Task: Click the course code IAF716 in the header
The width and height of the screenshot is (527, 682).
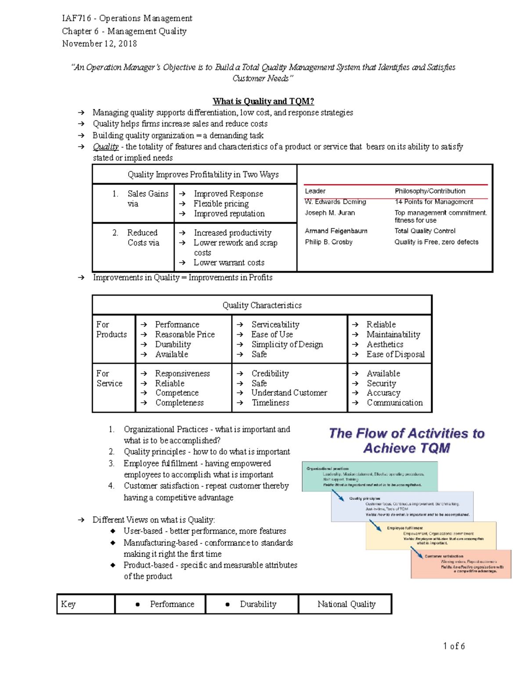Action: click(x=76, y=18)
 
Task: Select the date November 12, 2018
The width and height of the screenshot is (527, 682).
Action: click(x=99, y=43)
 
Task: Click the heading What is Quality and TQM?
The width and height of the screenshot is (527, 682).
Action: click(x=263, y=101)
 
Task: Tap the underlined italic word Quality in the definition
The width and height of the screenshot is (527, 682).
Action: click(x=105, y=147)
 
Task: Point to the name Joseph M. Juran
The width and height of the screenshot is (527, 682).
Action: click(x=330, y=213)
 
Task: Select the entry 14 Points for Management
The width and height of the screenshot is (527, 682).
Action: click(x=433, y=202)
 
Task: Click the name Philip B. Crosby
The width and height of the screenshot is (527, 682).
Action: click(x=328, y=242)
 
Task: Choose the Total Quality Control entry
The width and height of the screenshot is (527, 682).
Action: click(x=425, y=231)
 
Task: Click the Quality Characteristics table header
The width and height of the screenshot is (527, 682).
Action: click(x=262, y=305)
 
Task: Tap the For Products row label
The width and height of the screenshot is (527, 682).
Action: click(x=112, y=329)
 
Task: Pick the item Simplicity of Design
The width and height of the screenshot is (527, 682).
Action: click(x=287, y=344)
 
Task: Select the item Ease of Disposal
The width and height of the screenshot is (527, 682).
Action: click(x=395, y=354)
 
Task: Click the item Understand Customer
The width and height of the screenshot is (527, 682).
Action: click(x=289, y=393)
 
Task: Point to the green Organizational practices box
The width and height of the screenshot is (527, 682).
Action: click(x=370, y=476)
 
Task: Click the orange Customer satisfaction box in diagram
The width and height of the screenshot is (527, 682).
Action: click(x=461, y=564)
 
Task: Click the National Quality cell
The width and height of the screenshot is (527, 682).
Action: click(x=346, y=604)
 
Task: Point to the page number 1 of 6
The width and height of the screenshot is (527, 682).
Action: click(x=454, y=646)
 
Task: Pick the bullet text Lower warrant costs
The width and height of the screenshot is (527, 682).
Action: click(x=229, y=263)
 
